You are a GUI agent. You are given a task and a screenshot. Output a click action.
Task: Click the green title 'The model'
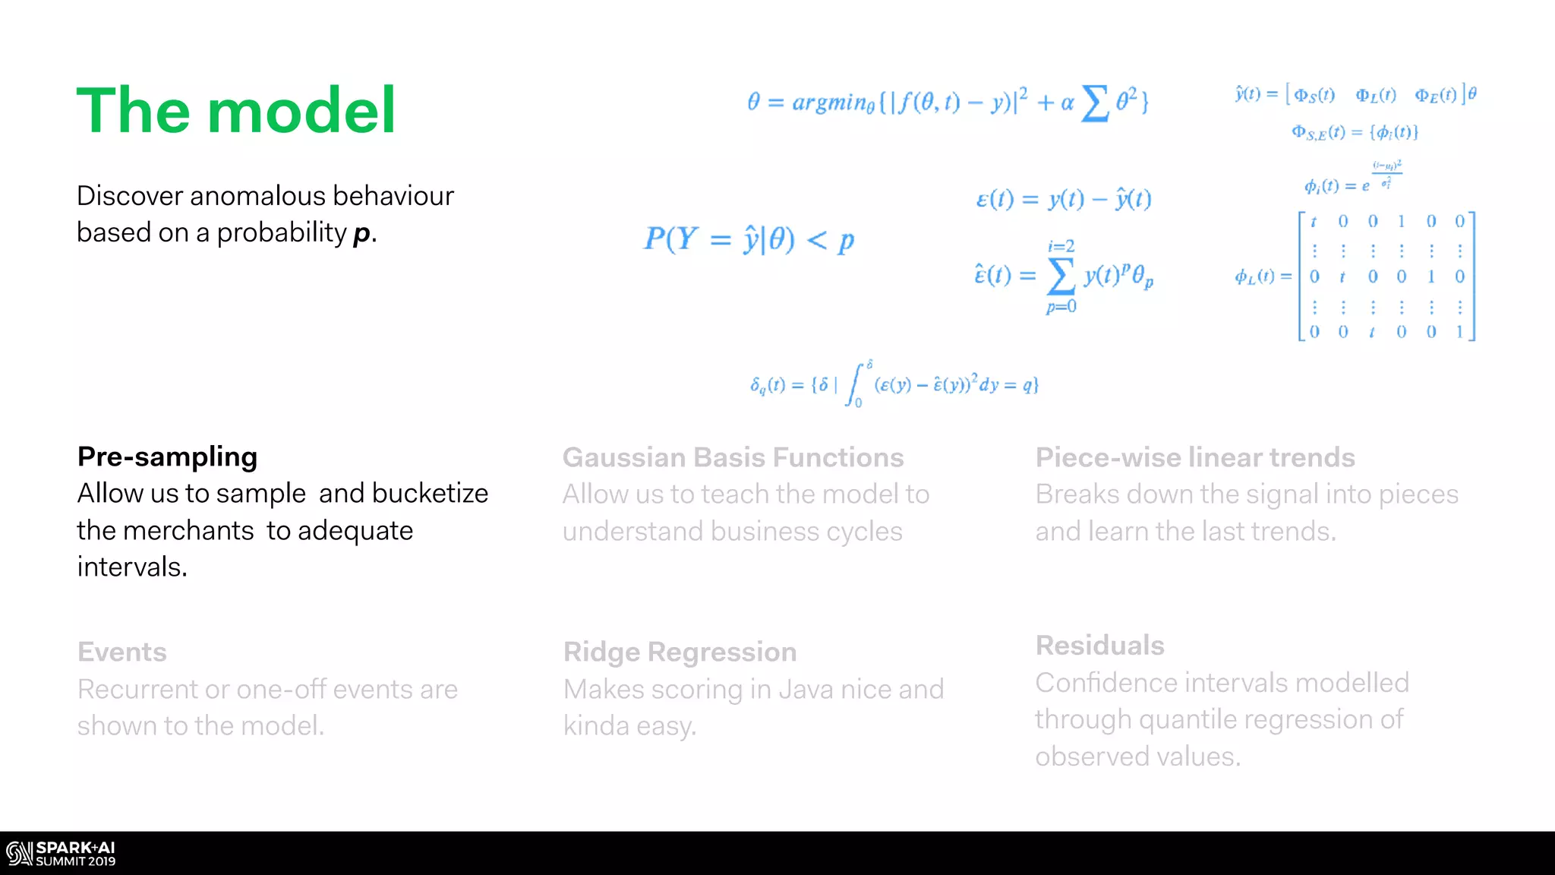pos(236,111)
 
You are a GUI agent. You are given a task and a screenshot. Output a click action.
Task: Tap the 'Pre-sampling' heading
pos(167,456)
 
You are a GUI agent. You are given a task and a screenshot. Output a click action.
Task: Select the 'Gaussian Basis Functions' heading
pos(733,457)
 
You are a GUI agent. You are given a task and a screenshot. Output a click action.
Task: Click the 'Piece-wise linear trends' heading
pos(1195,457)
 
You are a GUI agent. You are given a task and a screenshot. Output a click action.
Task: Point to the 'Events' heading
pos(122,652)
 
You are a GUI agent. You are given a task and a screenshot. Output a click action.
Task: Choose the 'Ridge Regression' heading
pos(680,652)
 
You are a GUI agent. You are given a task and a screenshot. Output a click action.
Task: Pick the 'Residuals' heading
pos(1099,646)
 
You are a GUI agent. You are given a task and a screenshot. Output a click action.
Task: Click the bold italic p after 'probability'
pos(362,233)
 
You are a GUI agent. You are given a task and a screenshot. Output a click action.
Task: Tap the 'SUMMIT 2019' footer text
pos(76,861)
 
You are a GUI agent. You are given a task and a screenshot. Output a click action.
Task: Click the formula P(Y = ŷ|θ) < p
pos(749,239)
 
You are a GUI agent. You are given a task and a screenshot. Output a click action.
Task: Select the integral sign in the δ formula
pos(856,385)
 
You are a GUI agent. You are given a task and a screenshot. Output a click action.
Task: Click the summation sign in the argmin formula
pos(1094,103)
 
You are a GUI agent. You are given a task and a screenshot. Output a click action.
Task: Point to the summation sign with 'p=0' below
pos(1061,276)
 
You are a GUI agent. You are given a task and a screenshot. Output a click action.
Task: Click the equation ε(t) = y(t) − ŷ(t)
pos(1063,199)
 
